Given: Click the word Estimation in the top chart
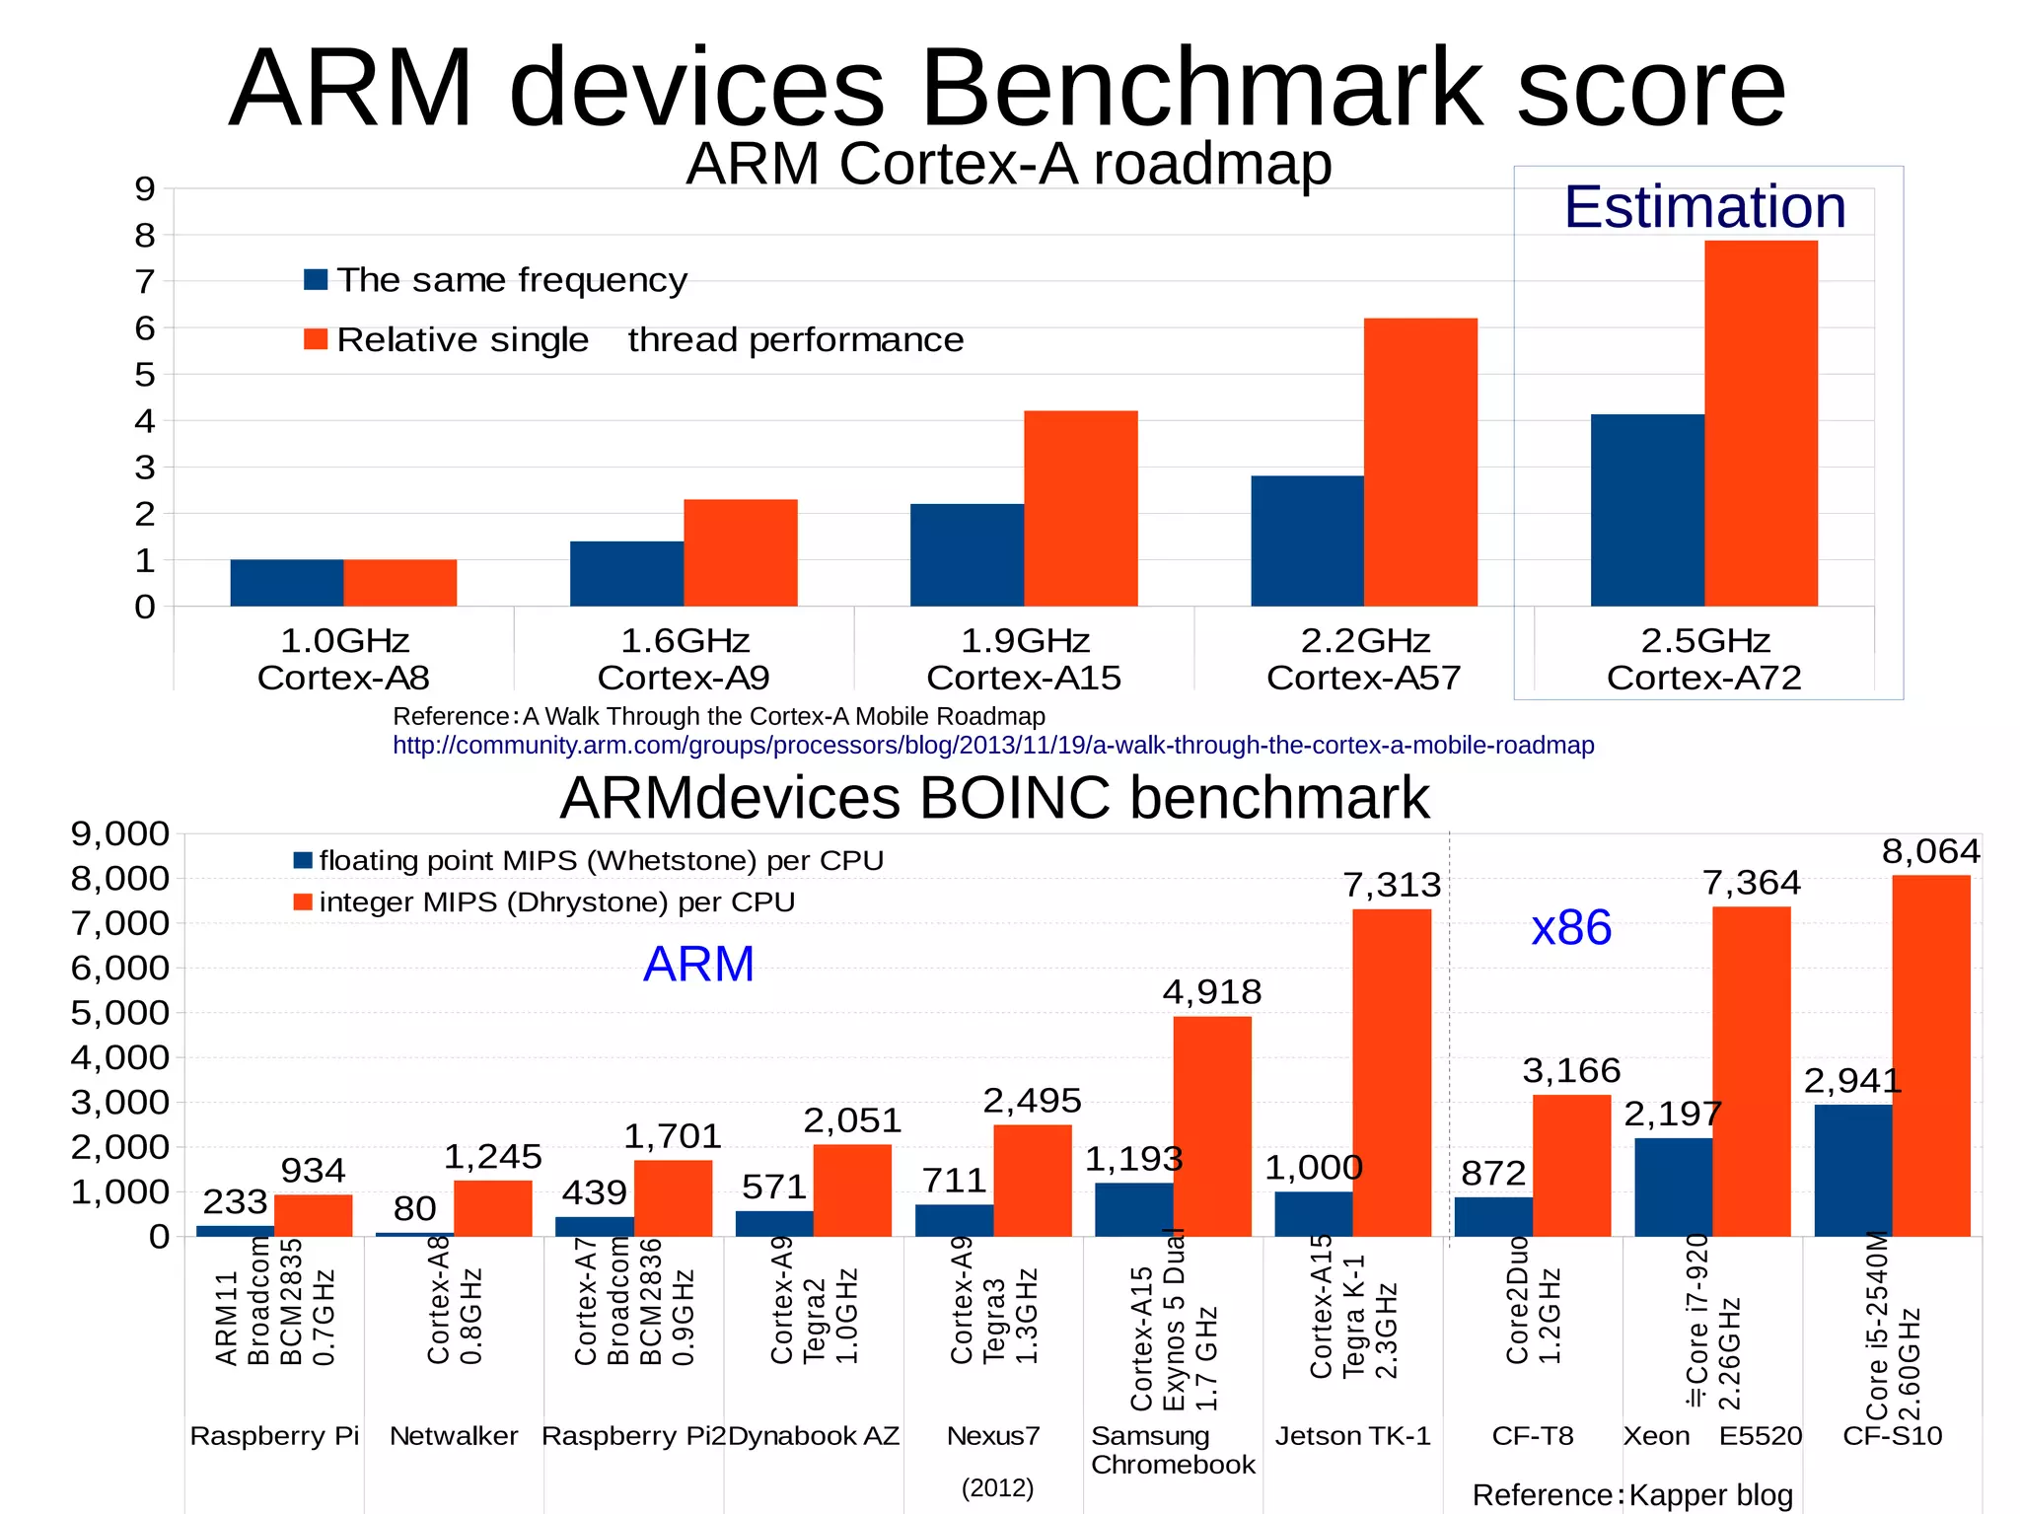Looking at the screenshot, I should tap(1704, 207).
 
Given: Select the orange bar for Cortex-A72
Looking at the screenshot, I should tap(1761, 424).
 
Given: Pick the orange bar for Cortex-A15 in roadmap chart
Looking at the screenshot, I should tap(1080, 508).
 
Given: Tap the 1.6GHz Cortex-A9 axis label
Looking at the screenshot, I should tap(684, 659).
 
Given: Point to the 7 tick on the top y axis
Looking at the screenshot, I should tap(145, 282).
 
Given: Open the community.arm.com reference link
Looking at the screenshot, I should tap(992, 745).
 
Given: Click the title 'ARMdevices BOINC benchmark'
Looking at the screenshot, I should tap(993, 797).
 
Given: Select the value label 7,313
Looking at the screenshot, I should tap(1392, 885).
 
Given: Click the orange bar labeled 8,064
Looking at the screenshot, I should tap(1930, 1055).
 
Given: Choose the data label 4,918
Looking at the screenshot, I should tap(1211, 991).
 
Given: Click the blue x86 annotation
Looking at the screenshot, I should tap(1570, 927).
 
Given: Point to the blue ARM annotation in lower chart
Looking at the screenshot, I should tap(698, 964).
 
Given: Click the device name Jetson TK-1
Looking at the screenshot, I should tap(1352, 1436).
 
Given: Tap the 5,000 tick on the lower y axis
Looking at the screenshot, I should tap(119, 1012).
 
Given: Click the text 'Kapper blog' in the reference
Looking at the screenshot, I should tap(1710, 1495).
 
